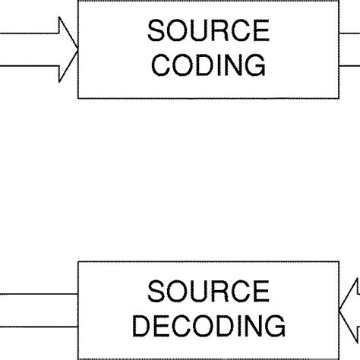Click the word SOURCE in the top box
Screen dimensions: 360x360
tap(208, 33)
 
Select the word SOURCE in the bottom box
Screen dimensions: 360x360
tap(208, 293)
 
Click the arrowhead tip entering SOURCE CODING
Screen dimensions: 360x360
tap(78, 48)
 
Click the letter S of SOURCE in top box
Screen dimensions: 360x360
tap(156, 33)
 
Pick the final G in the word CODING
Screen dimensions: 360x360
tap(254, 65)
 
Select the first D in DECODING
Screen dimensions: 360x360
tap(140, 326)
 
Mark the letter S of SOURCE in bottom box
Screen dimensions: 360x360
tap(156, 293)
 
